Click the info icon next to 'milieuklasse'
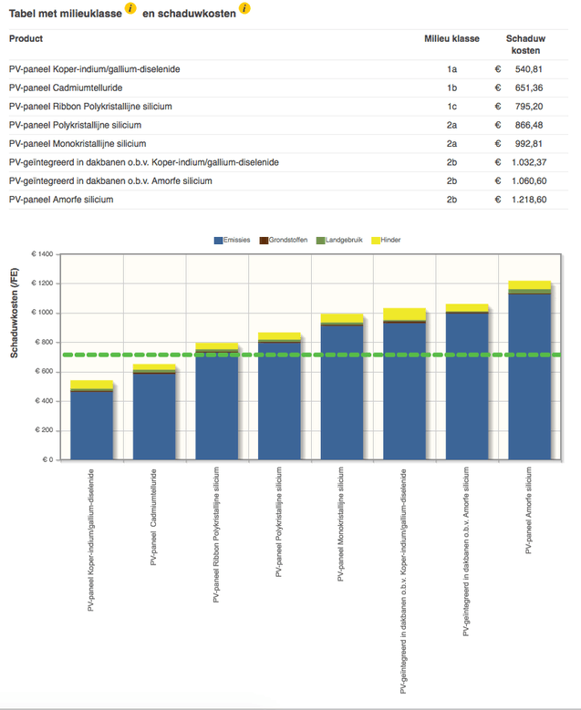point(131,8)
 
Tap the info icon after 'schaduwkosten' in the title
point(244,8)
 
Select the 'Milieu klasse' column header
point(451,38)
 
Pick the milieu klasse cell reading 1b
point(451,87)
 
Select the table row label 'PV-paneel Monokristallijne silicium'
point(78,143)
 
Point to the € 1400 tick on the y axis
point(42,254)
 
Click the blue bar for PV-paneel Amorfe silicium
point(529,374)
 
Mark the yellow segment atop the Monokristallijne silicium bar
point(342,317)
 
